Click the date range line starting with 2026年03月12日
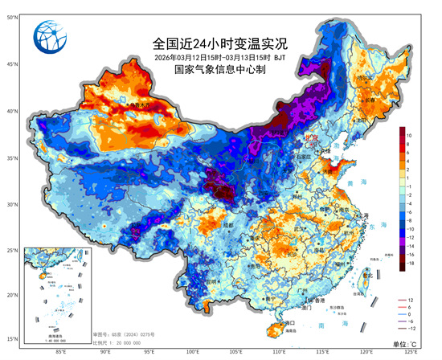pos(219,57)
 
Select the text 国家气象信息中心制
pos(219,70)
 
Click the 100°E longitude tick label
pos(193,352)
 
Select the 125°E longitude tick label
pos(411,352)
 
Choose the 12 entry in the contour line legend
pos(411,300)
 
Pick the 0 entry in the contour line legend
pos(411,314)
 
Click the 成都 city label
pos(228,226)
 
